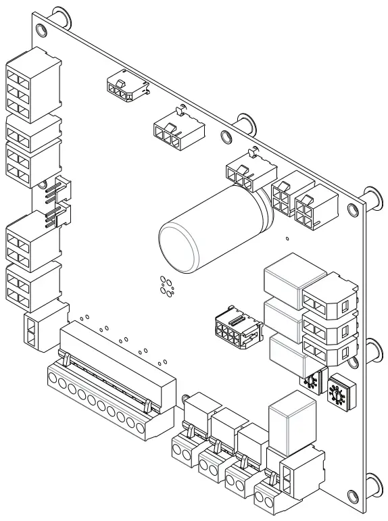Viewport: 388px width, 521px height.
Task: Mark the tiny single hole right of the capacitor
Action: tap(287, 238)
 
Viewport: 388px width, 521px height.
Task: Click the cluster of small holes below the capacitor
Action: tap(166, 287)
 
